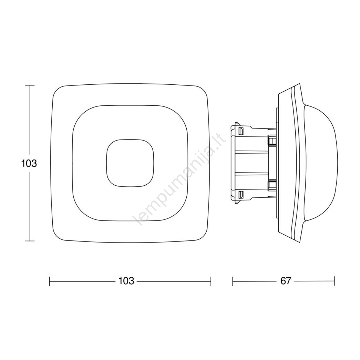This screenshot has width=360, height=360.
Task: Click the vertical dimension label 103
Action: pos(29,164)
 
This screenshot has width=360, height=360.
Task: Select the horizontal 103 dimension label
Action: pos(126,281)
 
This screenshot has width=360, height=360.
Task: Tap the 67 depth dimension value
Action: pos(286,281)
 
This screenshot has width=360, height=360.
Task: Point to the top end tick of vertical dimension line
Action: pos(30,85)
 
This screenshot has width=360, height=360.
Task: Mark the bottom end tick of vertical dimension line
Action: pos(30,241)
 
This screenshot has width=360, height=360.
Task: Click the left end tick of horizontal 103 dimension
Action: pos(50,281)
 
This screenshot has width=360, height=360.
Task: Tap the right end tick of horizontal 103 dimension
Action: pos(211,281)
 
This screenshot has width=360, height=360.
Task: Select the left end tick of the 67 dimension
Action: pos(233,281)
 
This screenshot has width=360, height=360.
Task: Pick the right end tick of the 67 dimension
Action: pos(335,281)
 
